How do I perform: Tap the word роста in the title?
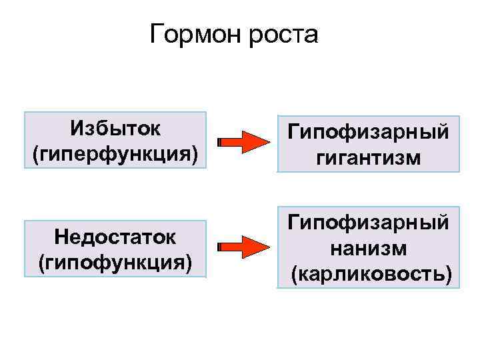coord(283,34)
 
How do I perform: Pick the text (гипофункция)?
coord(115,261)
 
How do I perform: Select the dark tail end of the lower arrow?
coord(221,247)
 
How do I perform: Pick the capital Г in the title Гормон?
coord(157,33)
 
